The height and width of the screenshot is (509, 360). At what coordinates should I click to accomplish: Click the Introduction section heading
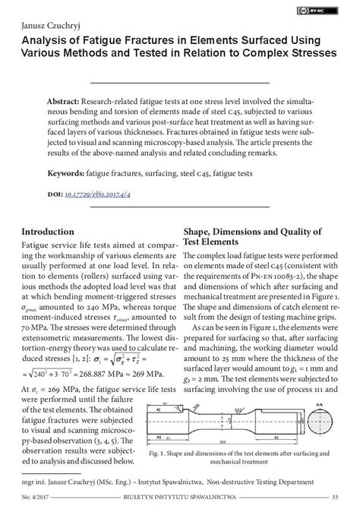(x=52, y=232)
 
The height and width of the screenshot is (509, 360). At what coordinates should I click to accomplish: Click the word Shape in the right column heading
(x=200, y=232)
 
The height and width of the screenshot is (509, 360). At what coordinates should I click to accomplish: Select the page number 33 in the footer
(x=335, y=498)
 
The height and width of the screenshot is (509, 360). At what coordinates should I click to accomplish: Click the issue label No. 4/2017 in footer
(x=38, y=498)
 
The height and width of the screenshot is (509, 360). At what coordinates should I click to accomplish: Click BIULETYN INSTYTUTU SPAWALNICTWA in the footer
(x=183, y=498)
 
